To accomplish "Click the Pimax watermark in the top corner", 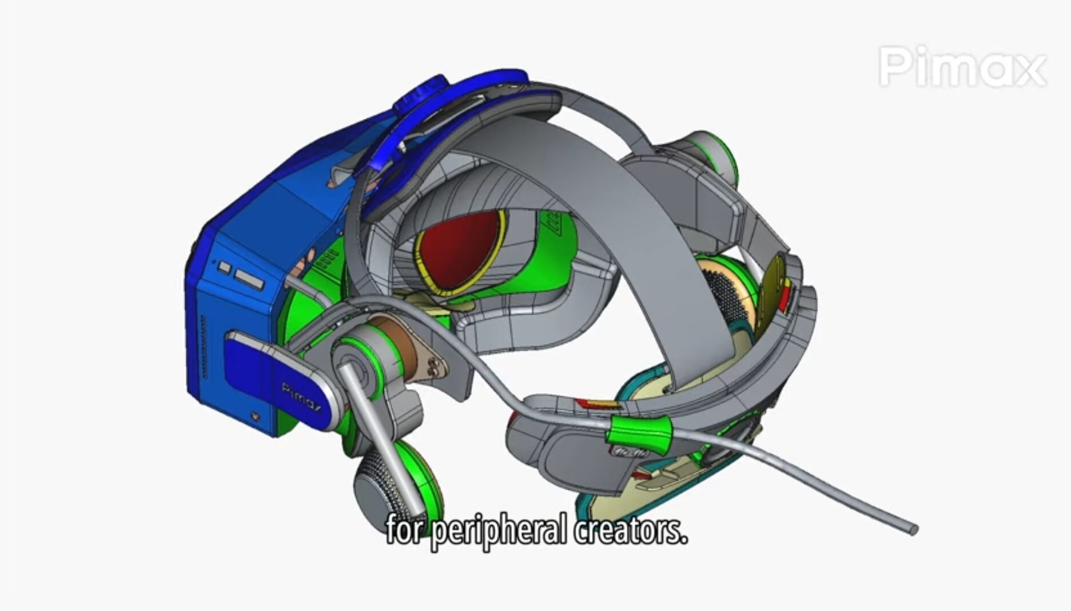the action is click(962, 68).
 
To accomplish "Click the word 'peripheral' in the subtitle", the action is click(499, 530).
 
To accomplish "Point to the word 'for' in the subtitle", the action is click(405, 529).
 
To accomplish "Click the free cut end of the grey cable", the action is click(911, 529).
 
